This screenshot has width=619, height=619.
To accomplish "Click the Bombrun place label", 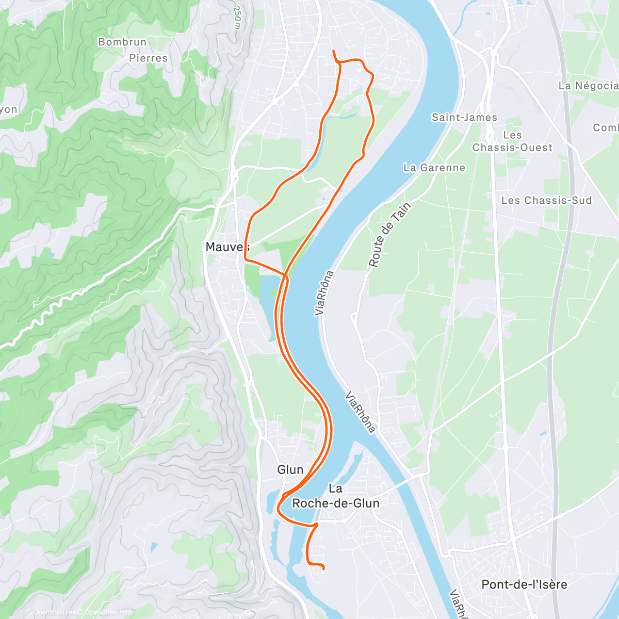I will (x=122, y=42).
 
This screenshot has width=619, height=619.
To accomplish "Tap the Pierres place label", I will (x=148, y=58).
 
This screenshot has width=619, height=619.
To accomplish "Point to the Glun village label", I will (x=290, y=469).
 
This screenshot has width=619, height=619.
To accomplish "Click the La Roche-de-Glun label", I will (x=336, y=496).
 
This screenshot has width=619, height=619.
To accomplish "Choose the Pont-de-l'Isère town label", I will (x=524, y=584).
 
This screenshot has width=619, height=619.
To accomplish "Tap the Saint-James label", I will (x=464, y=118).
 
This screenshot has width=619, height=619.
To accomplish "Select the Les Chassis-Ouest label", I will (x=512, y=141).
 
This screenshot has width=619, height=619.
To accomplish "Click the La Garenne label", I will (x=434, y=168).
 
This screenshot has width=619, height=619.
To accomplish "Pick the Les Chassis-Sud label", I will (x=546, y=200).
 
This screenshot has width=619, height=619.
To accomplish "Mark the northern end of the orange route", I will (x=333, y=51).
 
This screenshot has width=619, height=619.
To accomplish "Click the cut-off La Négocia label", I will (x=588, y=86).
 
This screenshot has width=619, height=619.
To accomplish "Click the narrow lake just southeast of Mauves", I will (x=268, y=304).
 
